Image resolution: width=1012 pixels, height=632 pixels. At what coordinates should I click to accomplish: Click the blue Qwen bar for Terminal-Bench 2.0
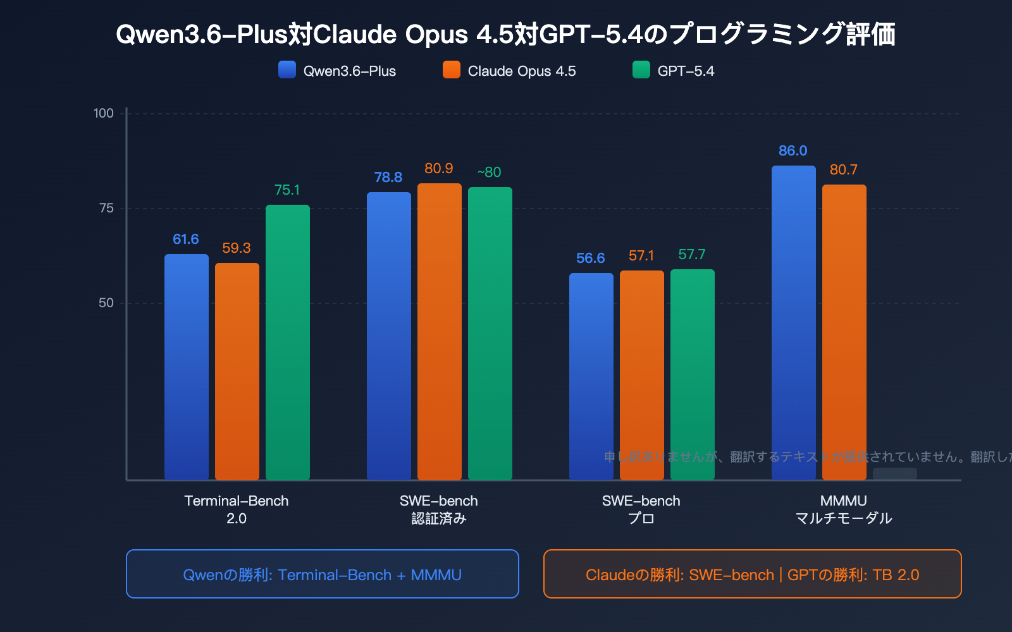click(x=187, y=367)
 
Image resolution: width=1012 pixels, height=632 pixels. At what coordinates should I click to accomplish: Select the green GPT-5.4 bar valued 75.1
click(x=288, y=341)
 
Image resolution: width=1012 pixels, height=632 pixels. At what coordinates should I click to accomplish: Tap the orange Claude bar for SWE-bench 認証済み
click(x=440, y=332)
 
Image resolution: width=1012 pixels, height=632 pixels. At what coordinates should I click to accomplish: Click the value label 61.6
click(x=186, y=240)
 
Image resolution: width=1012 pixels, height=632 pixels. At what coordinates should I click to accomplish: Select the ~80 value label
click(x=489, y=173)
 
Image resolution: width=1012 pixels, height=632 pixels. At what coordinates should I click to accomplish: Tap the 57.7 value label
click(x=692, y=255)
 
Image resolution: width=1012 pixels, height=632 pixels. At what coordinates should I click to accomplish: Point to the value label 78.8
click(x=388, y=178)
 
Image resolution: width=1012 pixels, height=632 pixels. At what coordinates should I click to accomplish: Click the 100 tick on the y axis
click(x=104, y=114)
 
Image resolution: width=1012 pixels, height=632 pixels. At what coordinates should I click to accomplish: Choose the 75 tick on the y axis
click(x=106, y=209)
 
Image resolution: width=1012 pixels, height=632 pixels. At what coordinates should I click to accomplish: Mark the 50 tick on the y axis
click(x=106, y=303)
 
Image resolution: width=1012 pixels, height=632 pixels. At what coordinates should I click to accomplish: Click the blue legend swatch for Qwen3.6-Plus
click(x=287, y=70)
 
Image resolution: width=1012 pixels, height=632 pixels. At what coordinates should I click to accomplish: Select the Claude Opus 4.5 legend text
click(x=522, y=71)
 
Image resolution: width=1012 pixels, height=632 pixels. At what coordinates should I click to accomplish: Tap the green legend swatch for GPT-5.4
click(x=641, y=70)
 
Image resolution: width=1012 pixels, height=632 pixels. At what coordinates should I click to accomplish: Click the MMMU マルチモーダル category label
click(x=844, y=510)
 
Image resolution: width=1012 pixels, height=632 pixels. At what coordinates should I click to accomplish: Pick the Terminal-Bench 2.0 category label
click(x=237, y=510)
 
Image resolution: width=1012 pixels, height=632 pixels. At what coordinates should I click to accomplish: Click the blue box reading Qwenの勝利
click(x=323, y=574)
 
